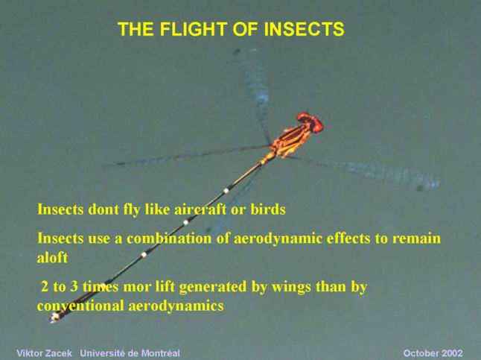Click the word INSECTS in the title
[304, 29]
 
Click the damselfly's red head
[310, 122]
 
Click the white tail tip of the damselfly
[55, 317]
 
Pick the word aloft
[52, 257]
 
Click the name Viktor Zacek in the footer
[44, 353]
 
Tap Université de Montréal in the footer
[130, 353]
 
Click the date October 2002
[433, 353]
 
